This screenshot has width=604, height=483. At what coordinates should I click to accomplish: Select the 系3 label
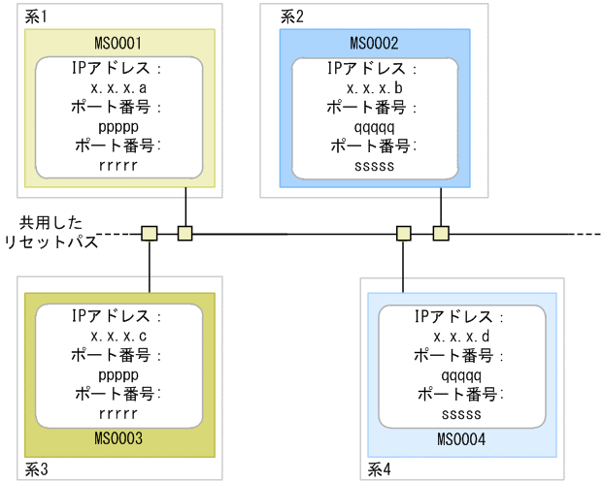click(x=38, y=470)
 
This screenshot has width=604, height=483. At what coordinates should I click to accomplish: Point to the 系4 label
click(x=381, y=470)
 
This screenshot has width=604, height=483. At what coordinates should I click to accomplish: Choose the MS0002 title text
click(x=374, y=44)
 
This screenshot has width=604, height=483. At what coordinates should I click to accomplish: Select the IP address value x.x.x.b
click(x=374, y=87)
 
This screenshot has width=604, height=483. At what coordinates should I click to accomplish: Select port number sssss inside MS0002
click(x=374, y=166)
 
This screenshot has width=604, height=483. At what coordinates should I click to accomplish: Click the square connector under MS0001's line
click(x=185, y=233)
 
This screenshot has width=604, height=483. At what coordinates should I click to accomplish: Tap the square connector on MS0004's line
click(x=404, y=233)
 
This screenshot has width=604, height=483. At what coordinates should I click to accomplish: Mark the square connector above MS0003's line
click(x=149, y=233)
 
